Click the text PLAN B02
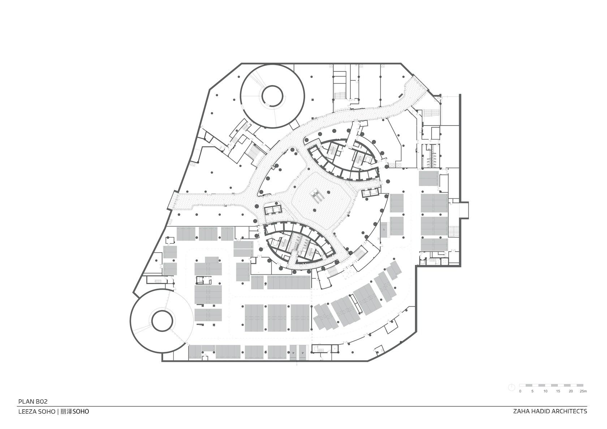tap(33, 402)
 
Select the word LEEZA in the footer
tap(27, 412)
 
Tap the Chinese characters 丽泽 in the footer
tap(66, 412)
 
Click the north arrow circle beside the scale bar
tap(511, 387)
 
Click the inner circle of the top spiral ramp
tap(272, 96)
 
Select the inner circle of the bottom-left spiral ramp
tap(162, 321)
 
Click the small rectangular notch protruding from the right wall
tap(464, 210)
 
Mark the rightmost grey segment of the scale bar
tap(580, 385)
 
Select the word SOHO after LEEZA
tap(47, 412)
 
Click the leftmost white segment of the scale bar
tap(522, 385)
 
